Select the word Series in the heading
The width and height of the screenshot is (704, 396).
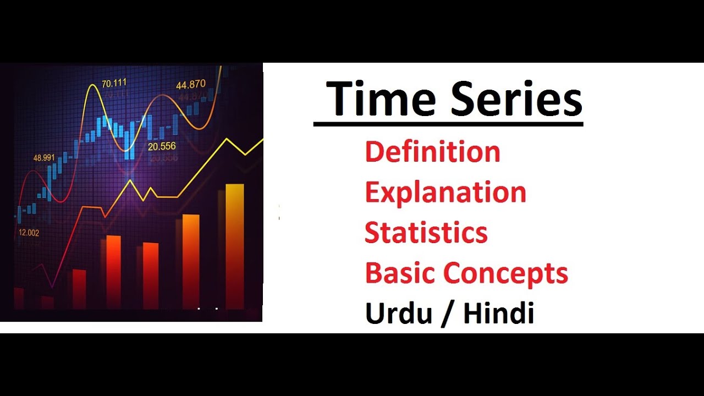516,100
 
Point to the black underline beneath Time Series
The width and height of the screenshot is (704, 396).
448,124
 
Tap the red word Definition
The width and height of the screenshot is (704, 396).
432,152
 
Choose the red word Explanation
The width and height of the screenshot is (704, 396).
446,193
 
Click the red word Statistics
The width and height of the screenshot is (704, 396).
426,233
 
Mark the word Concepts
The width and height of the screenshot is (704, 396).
506,274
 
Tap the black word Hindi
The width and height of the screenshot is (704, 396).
498,313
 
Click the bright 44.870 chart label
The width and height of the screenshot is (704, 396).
190,85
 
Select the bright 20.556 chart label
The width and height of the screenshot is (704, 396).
162,146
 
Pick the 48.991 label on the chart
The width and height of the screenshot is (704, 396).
44,158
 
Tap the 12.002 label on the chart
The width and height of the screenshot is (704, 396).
29,233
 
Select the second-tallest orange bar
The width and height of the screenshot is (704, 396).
191,261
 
